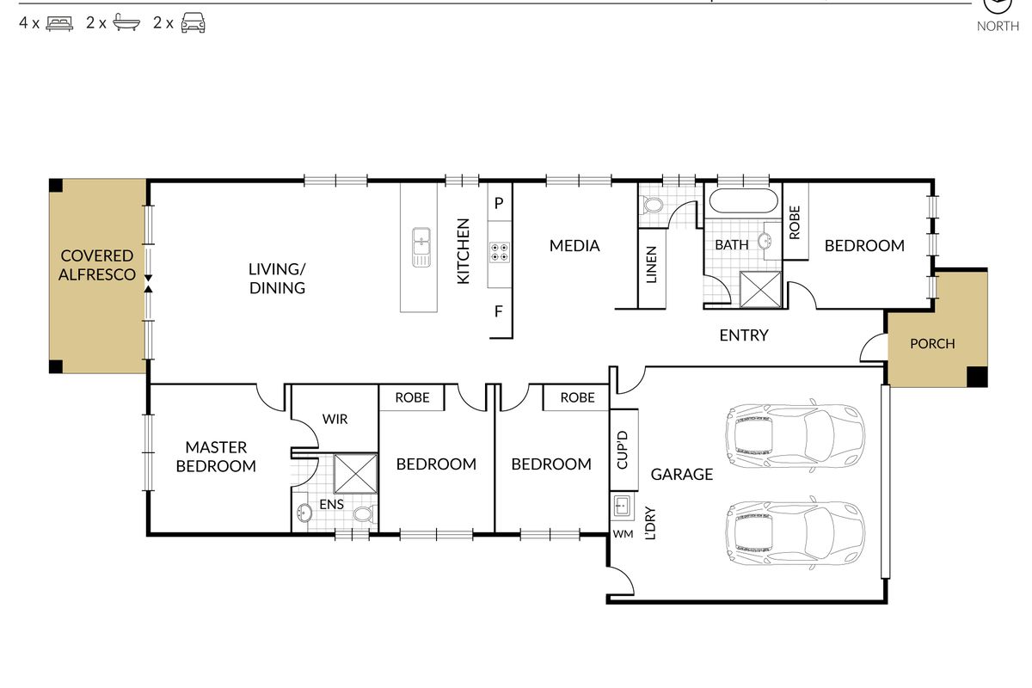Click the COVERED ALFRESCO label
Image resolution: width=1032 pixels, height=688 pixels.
[x=96, y=265]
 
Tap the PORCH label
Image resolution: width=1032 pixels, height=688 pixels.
[x=932, y=344]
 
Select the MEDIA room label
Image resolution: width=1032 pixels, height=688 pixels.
[x=574, y=246]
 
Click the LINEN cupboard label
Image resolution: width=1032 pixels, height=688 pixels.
[x=651, y=265]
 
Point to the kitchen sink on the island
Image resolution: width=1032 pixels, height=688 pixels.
[x=421, y=247]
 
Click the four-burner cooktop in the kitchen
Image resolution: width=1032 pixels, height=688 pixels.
[x=500, y=252]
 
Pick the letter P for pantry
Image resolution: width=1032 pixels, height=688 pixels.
[x=499, y=203]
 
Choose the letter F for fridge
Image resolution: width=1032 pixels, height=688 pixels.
[x=499, y=311]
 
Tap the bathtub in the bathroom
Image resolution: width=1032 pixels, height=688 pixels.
[x=743, y=201]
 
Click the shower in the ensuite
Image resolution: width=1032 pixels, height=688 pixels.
[x=355, y=473]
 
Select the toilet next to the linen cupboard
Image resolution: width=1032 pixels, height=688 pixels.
[x=652, y=205]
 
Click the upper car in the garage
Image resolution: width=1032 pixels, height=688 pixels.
[x=795, y=435]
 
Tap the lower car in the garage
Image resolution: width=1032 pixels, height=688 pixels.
[x=795, y=532]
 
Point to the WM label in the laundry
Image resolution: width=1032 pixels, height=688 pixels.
[x=623, y=534]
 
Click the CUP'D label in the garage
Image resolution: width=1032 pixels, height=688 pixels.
[x=622, y=450]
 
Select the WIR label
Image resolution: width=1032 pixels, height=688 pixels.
[x=335, y=420]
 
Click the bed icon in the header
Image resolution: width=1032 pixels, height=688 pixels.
[x=59, y=23]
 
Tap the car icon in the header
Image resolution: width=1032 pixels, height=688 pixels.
[x=193, y=22]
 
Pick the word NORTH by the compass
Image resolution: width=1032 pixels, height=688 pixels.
[x=998, y=27]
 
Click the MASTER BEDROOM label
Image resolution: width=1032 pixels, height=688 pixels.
[x=216, y=457]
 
